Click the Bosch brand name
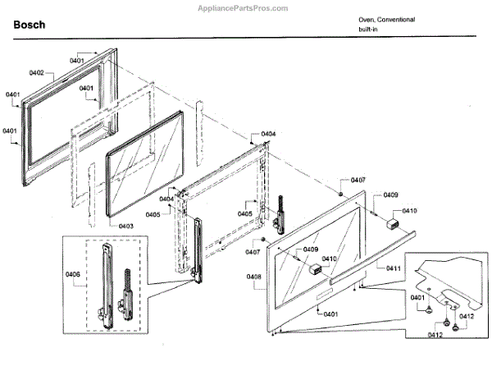[x=30, y=25]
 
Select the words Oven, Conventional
[x=386, y=19]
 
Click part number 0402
[x=37, y=74]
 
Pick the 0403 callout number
[x=125, y=226]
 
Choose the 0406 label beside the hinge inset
[x=72, y=275]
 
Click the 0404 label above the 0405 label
[x=166, y=199]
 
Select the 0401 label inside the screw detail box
[x=417, y=297]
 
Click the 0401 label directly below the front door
[x=330, y=314]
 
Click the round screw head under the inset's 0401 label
[x=429, y=311]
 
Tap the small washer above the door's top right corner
[x=339, y=193]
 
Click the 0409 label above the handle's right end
[x=390, y=195]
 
